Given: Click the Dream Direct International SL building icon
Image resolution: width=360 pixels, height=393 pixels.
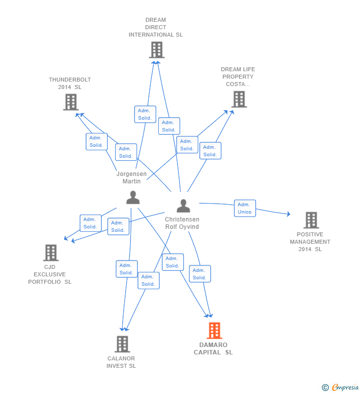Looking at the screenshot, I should (156, 50).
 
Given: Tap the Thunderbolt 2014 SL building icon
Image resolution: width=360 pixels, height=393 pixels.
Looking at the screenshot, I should (71, 102).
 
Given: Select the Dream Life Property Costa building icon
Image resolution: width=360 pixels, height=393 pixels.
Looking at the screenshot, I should (239, 99).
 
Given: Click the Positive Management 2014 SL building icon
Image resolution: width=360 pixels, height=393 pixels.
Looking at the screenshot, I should (311, 220).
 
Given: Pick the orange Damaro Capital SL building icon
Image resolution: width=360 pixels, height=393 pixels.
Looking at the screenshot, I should (214, 331).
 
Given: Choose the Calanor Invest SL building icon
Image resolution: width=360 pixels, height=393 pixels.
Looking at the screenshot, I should (122, 344).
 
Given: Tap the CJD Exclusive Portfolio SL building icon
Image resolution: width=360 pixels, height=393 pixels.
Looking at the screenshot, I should (50, 253).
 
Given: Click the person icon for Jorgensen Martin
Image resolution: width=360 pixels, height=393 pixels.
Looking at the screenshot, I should (133, 197).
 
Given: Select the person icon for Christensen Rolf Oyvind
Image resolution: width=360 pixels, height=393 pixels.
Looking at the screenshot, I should (183, 206).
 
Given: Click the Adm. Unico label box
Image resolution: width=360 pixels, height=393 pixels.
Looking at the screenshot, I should (245, 208).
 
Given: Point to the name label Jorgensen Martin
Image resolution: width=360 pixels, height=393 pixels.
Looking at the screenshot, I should (132, 177).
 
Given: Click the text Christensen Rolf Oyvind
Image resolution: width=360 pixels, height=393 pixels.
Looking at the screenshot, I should (182, 223).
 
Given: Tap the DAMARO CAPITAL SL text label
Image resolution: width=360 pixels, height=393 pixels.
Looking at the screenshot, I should (213, 349).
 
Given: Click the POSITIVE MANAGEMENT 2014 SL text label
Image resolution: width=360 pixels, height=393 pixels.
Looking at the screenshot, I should (310, 242).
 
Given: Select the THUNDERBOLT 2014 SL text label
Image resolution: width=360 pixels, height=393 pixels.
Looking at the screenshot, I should (70, 83).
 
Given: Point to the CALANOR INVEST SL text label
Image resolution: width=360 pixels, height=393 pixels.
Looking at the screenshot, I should (121, 362).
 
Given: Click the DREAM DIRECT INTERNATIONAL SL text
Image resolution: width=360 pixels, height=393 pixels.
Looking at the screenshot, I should (156, 27).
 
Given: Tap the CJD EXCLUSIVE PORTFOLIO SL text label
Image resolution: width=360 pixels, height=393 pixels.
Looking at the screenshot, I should (49, 274).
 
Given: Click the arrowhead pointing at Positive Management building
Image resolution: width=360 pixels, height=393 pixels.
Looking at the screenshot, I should (288, 214).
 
